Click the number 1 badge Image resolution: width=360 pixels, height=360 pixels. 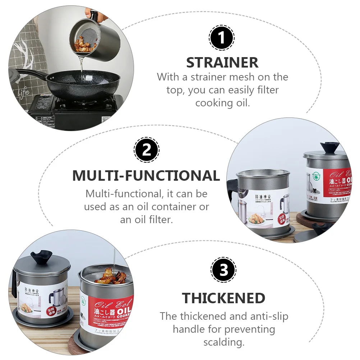pos(222,37)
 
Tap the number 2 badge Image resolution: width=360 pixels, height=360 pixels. pos(146,150)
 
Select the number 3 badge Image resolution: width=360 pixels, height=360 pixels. pos(223,269)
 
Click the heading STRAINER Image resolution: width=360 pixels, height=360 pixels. pos(222,63)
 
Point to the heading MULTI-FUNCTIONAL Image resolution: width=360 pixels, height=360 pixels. pos(146,176)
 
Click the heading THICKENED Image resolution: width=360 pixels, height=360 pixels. pos(223,298)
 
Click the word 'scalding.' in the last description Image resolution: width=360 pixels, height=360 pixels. pos(224,342)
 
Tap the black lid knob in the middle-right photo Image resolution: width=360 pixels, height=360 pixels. pos(329,147)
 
